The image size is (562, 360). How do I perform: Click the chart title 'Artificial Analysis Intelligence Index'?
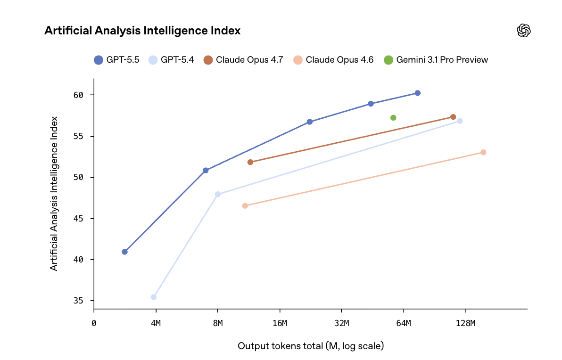click(x=142, y=31)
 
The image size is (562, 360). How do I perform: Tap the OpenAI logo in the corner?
click(x=524, y=31)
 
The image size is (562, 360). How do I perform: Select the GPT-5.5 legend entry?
click(x=116, y=60)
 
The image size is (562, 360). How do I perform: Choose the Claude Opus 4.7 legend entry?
click(x=243, y=60)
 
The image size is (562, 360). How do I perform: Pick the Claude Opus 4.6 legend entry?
click(x=333, y=60)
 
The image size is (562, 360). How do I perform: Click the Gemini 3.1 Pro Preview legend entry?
click(x=436, y=60)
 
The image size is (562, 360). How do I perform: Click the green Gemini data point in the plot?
click(x=393, y=118)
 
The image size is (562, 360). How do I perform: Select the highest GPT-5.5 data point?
click(x=417, y=93)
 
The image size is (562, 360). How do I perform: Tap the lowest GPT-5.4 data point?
click(x=154, y=297)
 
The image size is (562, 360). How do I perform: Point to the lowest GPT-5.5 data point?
click(x=125, y=252)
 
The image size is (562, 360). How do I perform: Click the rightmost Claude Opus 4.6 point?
click(x=483, y=152)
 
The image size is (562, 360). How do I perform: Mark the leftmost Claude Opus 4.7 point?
click(x=250, y=162)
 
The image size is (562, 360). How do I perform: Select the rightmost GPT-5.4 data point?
click(x=460, y=121)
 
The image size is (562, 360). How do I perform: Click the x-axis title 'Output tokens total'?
click(x=311, y=346)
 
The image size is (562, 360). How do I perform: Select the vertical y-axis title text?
click(x=54, y=193)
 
